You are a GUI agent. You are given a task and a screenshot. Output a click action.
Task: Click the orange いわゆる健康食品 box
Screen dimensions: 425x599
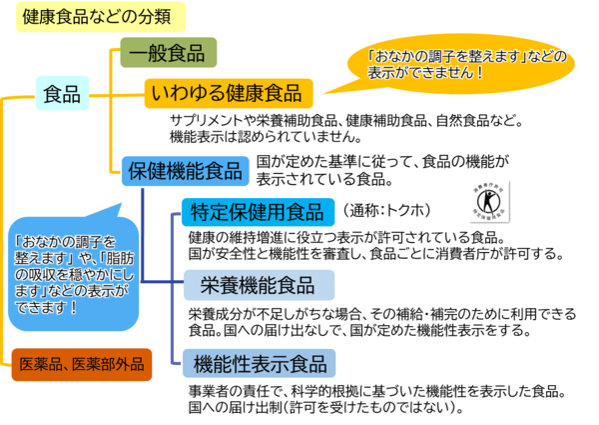tap(229, 93)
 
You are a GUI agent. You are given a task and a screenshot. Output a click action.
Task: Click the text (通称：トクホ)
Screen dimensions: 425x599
tap(384, 210)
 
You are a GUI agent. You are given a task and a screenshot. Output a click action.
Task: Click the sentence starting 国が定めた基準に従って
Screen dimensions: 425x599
tap(383, 161)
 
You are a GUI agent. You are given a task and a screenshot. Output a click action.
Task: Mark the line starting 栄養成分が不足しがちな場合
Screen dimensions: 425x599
tap(381, 313)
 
